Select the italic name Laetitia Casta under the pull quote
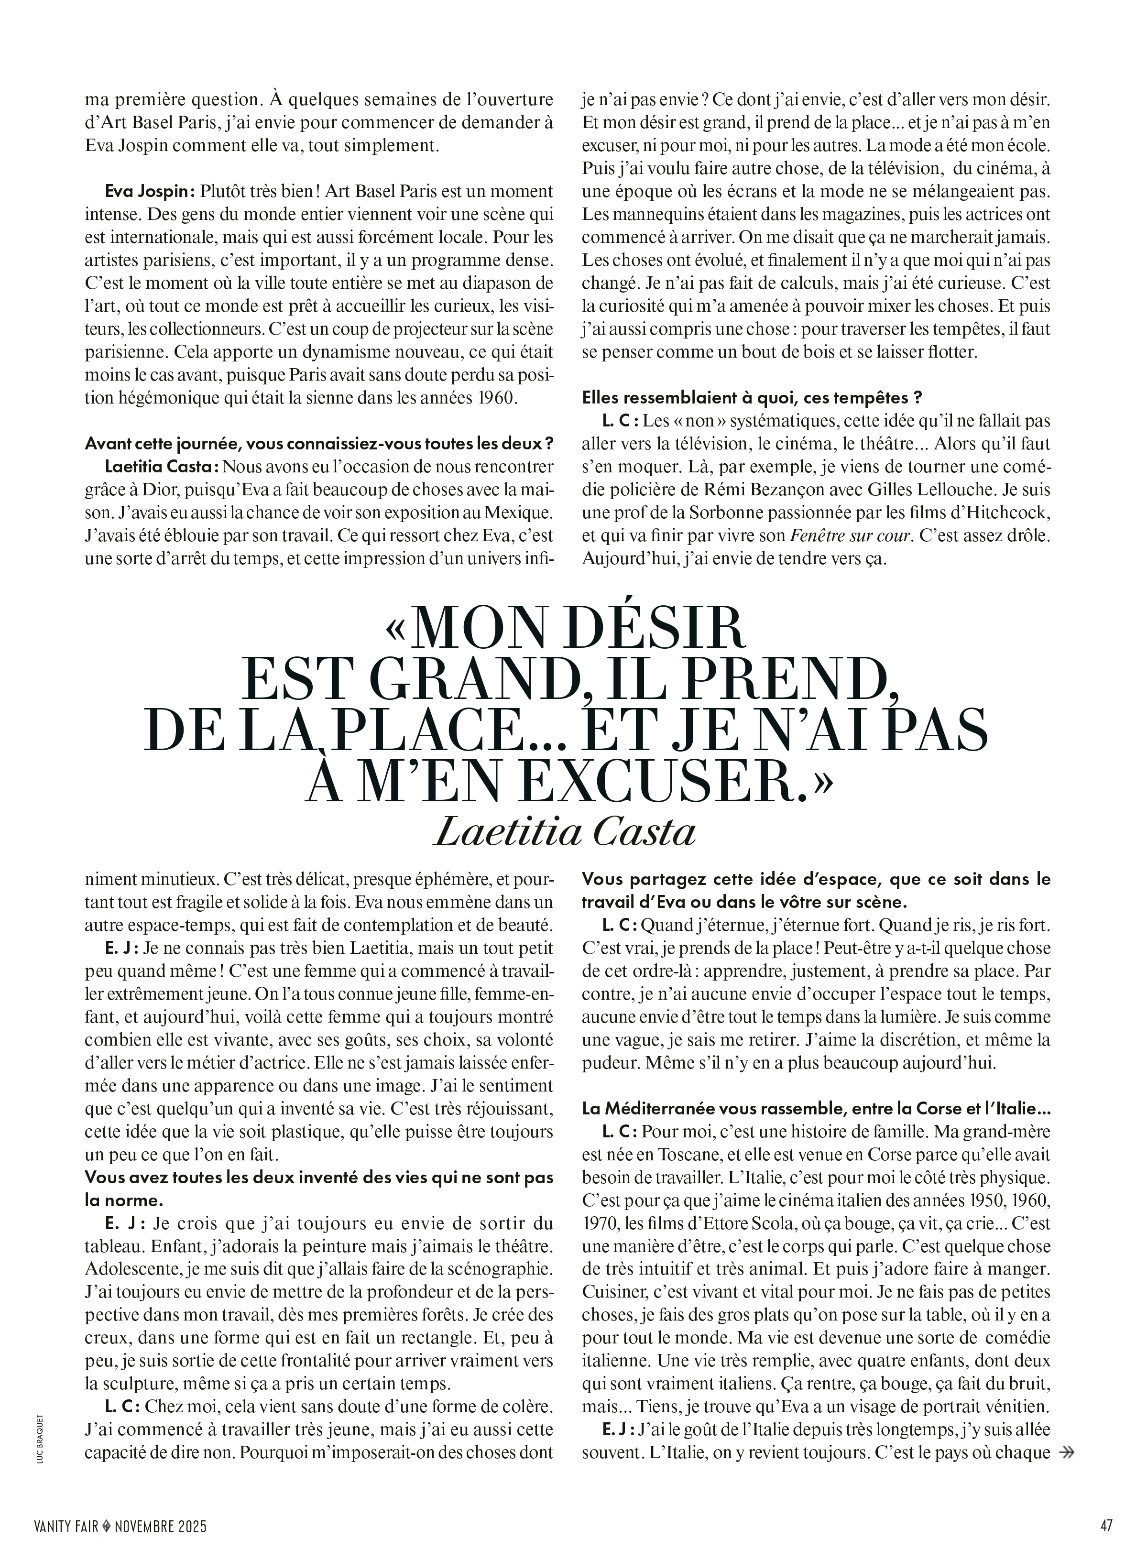[564, 832]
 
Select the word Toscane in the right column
[704, 1155]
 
